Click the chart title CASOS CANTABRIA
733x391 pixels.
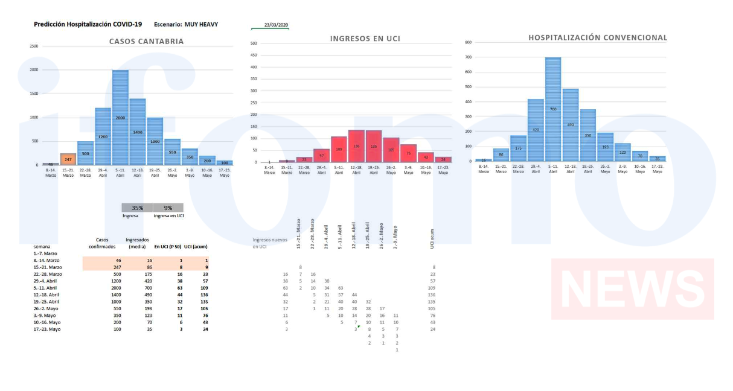point(146,42)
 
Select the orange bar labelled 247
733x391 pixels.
point(68,159)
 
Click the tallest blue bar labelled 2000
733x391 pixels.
point(120,118)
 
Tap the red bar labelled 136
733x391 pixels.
point(356,146)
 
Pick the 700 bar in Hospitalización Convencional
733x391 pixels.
point(553,109)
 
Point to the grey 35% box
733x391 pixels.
point(137,208)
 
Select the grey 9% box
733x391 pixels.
point(168,208)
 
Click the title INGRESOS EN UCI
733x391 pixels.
point(365,39)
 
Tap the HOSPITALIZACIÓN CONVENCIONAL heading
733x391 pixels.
point(598,37)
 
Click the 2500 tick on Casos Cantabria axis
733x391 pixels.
point(34,46)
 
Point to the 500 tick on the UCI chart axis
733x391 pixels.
point(254,43)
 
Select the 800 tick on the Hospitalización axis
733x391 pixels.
point(468,42)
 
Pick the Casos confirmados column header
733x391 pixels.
point(102,243)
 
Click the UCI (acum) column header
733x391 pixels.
point(196,246)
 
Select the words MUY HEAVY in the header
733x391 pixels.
point(201,24)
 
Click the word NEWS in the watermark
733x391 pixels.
point(632,290)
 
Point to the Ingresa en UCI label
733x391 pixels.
point(168,215)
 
